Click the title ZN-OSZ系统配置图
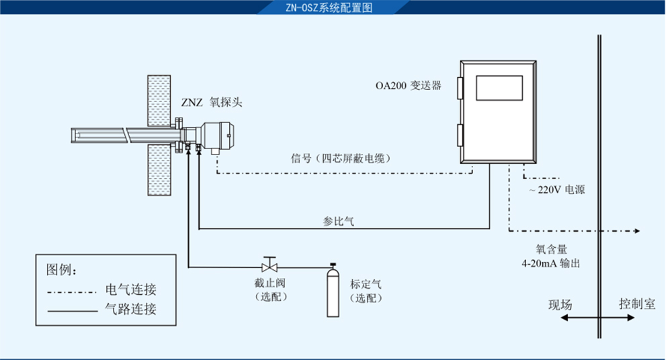(x=329, y=7)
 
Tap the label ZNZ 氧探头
(x=212, y=103)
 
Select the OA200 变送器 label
(x=409, y=86)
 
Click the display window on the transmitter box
(x=499, y=88)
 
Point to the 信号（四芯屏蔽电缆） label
(x=341, y=159)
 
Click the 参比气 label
(x=339, y=221)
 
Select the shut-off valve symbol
(x=269, y=264)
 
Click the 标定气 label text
(x=366, y=283)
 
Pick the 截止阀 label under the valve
(x=270, y=283)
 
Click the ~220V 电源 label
(x=557, y=190)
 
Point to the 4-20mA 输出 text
(x=551, y=263)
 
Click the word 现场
(x=560, y=305)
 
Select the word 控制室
(x=637, y=304)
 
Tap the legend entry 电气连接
(x=131, y=289)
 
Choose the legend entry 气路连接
(x=131, y=308)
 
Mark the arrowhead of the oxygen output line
(x=637, y=231)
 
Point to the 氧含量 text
(x=552, y=249)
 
